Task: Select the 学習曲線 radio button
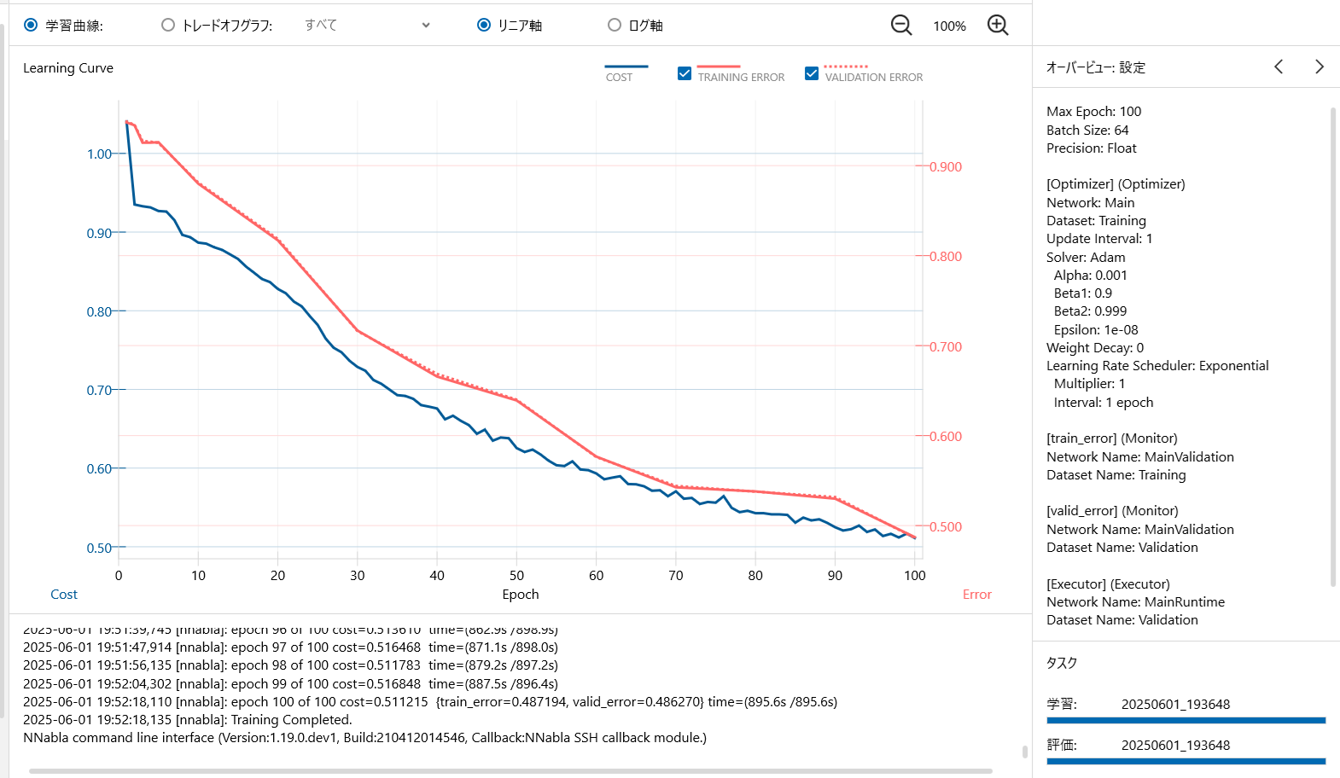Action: [31, 25]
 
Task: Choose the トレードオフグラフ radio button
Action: [168, 25]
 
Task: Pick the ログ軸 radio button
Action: [615, 25]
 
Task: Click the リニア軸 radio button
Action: [484, 25]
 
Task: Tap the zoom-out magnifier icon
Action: [901, 25]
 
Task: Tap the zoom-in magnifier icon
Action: [998, 25]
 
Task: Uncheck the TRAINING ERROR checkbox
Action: [685, 73]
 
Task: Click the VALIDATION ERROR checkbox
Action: [812, 73]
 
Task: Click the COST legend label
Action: [619, 77]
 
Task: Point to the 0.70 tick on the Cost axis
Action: [99, 391]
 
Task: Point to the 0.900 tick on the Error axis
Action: [946, 167]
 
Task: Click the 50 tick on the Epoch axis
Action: [516, 576]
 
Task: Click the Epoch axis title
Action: [521, 595]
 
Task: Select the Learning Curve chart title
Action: [68, 68]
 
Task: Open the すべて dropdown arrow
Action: [426, 25]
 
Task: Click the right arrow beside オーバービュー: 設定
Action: [1320, 67]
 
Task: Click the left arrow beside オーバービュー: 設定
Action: [1279, 67]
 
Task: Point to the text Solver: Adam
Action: [1086, 258]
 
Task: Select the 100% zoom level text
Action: [949, 26]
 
